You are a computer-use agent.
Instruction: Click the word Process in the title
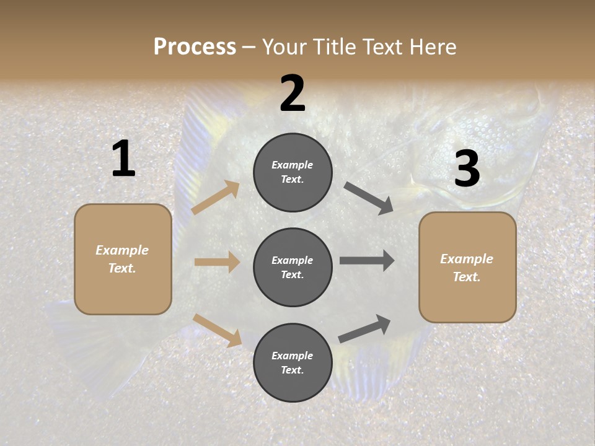(x=195, y=47)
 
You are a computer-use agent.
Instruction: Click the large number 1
(x=123, y=159)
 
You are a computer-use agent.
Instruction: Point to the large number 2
(x=293, y=94)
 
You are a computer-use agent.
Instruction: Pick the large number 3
(x=467, y=168)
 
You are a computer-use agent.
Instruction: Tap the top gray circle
(x=293, y=172)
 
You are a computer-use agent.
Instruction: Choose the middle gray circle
(x=293, y=268)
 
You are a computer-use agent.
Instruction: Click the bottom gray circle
(x=293, y=363)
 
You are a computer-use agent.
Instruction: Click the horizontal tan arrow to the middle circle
(x=217, y=262)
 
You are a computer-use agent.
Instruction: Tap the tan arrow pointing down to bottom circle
(x=218, y=330)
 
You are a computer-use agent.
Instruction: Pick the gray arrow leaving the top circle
(x=369, y=198)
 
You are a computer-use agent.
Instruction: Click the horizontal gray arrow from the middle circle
(x=367, y=261)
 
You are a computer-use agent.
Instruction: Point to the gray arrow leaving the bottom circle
(x=364, y=329)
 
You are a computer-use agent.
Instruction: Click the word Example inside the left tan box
(x=122, y=250)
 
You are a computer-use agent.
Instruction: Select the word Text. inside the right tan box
(x=467, y=277)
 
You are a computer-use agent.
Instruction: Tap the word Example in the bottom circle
(x=293, y=356)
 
